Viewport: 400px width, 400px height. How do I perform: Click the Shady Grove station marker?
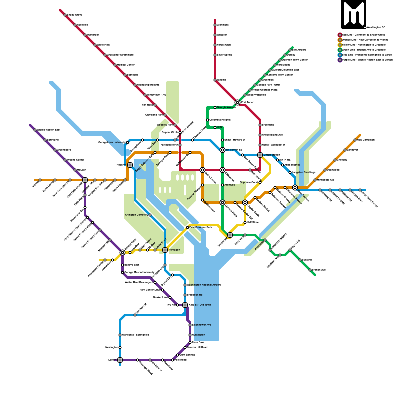point(65,15)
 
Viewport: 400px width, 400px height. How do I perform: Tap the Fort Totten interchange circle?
point(237,102)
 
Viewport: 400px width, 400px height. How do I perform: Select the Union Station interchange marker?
point(260,155)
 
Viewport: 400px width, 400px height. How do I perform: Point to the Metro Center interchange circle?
point(202,170)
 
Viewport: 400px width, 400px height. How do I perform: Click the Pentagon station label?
point(174,250)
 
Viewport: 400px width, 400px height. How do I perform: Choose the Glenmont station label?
point(222,25)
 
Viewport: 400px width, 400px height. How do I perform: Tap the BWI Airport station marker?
point(290,50)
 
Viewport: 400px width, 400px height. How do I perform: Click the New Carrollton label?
point(365,140)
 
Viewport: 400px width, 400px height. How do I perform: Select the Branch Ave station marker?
point(310,270)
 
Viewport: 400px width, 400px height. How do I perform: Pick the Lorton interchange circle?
point(120,360)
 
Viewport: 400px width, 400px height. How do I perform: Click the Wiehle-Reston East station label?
point(48,130)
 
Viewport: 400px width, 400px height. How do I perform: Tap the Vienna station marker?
point(40,180)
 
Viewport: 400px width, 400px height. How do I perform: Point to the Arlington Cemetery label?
point(136,215)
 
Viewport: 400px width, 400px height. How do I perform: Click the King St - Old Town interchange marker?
point(185,305)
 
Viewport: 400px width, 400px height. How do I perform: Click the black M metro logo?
point(354,14)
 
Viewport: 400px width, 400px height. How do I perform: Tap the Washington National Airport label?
point(204,285)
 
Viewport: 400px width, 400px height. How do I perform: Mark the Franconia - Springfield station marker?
point(120,335)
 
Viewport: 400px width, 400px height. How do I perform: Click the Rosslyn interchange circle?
point(130,165)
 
